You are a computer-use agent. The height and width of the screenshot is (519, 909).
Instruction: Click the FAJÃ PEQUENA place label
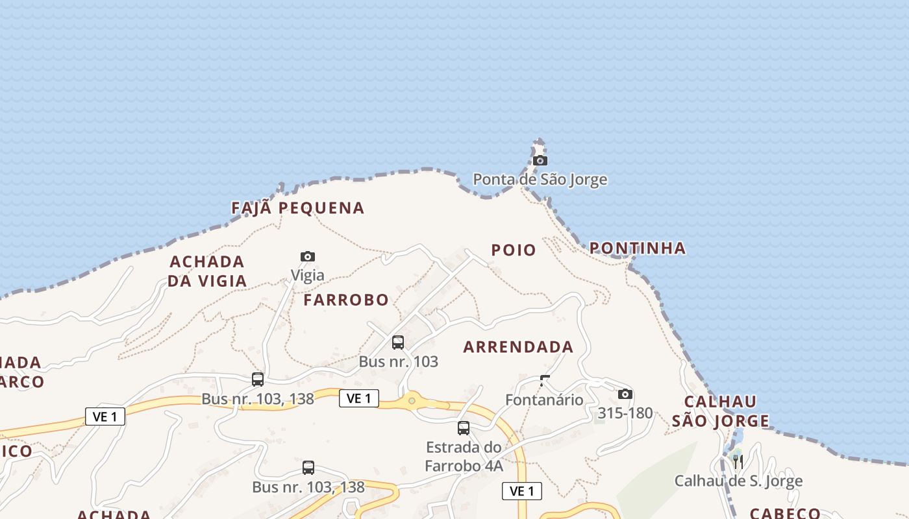298,208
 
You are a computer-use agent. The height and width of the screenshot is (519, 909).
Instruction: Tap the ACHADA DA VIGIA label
207,271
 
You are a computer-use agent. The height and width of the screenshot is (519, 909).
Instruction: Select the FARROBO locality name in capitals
346,300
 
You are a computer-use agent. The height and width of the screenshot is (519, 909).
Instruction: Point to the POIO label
514,250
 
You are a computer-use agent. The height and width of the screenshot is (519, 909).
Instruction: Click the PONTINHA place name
637,248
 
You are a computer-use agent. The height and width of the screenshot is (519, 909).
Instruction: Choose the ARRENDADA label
518,347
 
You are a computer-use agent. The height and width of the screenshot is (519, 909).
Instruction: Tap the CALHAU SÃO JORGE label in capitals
720,411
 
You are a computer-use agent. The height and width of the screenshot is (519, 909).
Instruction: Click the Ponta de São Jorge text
540,179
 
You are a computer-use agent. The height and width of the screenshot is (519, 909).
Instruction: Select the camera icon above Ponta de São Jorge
540,160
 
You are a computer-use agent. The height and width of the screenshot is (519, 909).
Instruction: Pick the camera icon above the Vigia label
308,256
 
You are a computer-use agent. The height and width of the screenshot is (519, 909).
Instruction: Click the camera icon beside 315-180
625,394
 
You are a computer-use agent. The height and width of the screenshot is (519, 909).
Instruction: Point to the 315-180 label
625,413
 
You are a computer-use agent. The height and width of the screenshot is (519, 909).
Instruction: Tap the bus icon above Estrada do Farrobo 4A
463,428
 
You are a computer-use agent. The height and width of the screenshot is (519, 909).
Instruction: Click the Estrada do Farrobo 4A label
464,456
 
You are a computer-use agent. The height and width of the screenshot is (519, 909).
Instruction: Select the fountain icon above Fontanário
545,381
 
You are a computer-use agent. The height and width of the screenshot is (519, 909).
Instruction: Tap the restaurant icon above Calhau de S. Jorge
738,461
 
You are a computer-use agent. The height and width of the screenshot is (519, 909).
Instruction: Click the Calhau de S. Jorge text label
738,481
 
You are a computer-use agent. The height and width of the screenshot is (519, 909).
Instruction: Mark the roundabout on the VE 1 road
412,401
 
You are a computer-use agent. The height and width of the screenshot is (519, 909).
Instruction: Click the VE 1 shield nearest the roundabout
358,398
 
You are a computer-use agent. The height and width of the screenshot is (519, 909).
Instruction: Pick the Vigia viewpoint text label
308,275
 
